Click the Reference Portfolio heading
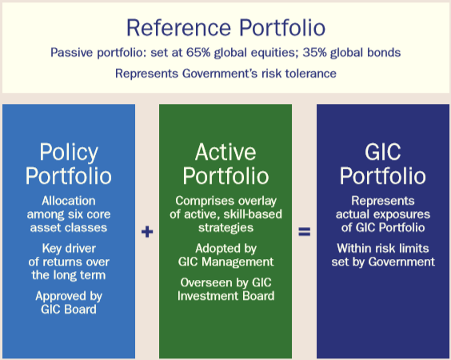pyautogui.click(x=225, y=28)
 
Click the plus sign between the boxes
pyautogui.click(x=147, y=232)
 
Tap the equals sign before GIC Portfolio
pyautogui.click(x=305, y=232)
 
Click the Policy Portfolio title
pyautogui.click(x=69, y=164)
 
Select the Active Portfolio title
pyautogui.click(x=225, y=164)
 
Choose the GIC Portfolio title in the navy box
pyautogui.click(x=383, y=164)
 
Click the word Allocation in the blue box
pyautogui.click(x=69, y=201)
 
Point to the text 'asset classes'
pyautogui.click(x=69, y=228)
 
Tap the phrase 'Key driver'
pyautogui.click(x=69, y=248)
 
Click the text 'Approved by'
pyautogui.click(x=69, y=296)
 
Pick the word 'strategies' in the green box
pyautogui.click(x=225, y=228)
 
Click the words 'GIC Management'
pyautogui.click(x=225, y=262)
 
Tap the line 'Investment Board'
pyautogui.click(x=225, y=296)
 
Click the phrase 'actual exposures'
pyautogui.click(x=383, y=214)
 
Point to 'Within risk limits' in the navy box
pyautogui.click(x=383, y=248)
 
